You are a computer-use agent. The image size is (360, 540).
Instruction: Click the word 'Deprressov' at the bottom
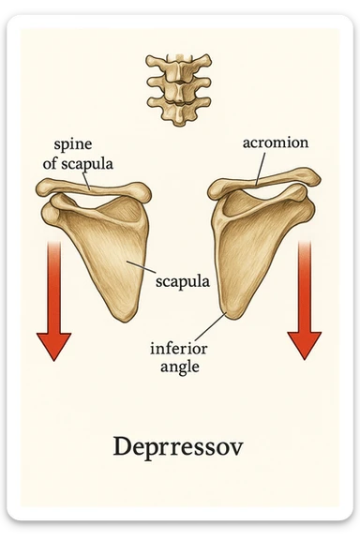coord(177,446)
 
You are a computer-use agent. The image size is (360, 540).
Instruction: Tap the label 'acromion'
coord(277,142)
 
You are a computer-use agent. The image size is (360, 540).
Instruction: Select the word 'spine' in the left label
coord(73,146)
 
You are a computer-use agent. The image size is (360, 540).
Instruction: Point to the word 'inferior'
coord(179,349)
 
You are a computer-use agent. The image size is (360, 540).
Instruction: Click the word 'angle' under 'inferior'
coord(179,367)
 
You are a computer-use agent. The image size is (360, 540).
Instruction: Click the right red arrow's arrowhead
coord(305,344)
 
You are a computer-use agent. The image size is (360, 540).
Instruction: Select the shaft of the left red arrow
coord(53,281)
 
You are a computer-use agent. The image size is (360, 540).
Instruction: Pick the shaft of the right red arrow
coord(305,281)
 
